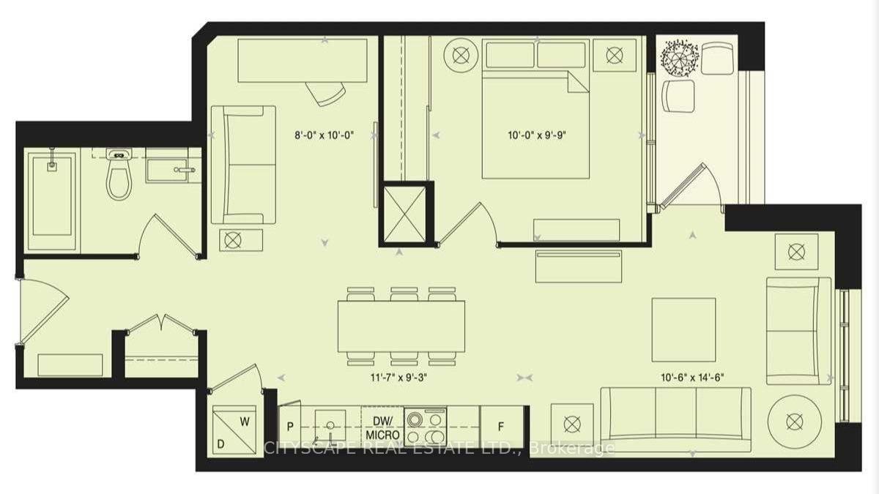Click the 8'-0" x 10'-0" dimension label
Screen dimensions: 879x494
tap(324, 135)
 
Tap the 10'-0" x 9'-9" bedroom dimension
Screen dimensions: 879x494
tap(537, 135)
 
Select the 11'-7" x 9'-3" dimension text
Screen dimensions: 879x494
tap(398, 378)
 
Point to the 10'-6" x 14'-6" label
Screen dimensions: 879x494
tap(692, 378)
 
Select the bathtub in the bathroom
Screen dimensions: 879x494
tap(52, 201)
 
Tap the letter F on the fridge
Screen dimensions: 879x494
tap(501, 427)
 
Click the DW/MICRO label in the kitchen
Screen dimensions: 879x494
tap(382, 428)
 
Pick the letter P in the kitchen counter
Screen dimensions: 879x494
tap(290, 427)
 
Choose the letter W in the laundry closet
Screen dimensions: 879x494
tap(245, 422)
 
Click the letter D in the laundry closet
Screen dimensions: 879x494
tap(221, 444)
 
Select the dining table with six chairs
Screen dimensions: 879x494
tap(401, 326)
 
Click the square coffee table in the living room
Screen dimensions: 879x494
tap(683, 330)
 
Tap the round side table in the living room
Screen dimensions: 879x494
tap(795, 422)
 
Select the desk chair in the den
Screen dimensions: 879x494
tap(326, 94)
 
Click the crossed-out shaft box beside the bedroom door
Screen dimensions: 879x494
tap(404, 214)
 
